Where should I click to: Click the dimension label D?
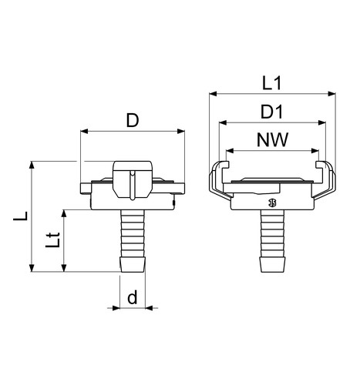click(133, 121)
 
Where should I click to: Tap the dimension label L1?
click(272, 83)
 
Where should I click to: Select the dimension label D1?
click(271, 112)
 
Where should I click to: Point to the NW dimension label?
click(273, 140)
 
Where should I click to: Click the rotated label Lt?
click(52, 240)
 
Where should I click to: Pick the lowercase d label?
click(133, 297)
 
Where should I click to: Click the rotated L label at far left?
click(21, 216)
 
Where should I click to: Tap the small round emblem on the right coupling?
click(272, 203)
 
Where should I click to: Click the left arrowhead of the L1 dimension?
click(213, 94)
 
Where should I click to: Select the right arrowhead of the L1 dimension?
click(332, 94)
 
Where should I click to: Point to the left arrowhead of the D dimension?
click(85, 132)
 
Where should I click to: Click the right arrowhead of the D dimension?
click(181, 132)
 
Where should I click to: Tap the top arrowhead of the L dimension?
click(32, 165)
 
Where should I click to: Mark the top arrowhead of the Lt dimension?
click(64, 214)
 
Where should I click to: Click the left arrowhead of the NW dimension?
click(230, 151)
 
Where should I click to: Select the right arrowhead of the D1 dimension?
click(322, 122)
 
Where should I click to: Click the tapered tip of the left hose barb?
click(133, 264)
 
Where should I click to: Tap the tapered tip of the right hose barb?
click(272, 264)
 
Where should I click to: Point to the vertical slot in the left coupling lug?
click(133, 185)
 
